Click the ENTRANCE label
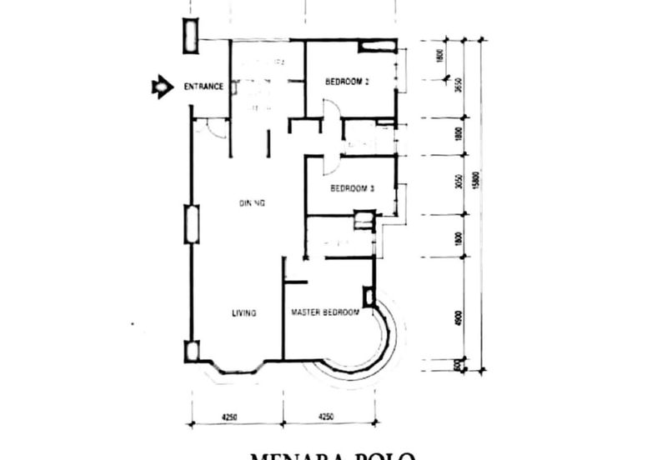pos(202,87)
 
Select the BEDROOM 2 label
pos(348,82)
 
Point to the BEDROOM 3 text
pos(352,188)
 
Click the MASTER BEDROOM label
pos(325,312)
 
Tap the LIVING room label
pos(243,313)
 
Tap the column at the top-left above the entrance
pos(191,33)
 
